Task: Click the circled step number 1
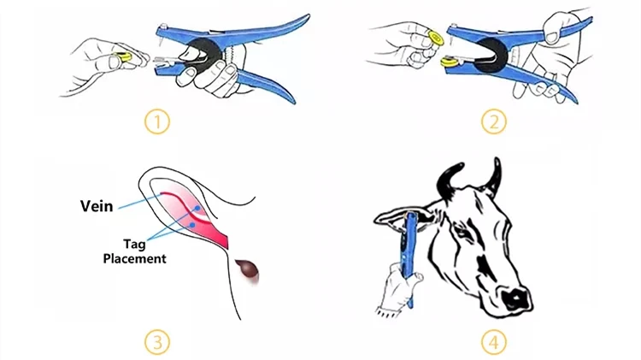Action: click(x=157, y=122)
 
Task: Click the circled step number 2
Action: click(x=493, y=122)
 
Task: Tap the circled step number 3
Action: click(x=157, y=342)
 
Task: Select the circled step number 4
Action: click(x=493, y=342)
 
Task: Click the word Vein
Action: click(x=97, y=206)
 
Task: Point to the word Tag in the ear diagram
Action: click(x=134, y=245)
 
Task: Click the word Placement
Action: click(x=134, y=258)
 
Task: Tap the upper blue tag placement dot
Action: click(x=197, y=209)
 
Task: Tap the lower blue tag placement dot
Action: click(x=192, y=225)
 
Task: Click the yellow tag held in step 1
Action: click(x=123, y=56)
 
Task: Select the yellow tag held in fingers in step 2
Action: click(x=435, y=38)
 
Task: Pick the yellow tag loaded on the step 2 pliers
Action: click(x=449, y=62)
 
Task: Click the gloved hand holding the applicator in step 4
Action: click(x=398, y=289)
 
